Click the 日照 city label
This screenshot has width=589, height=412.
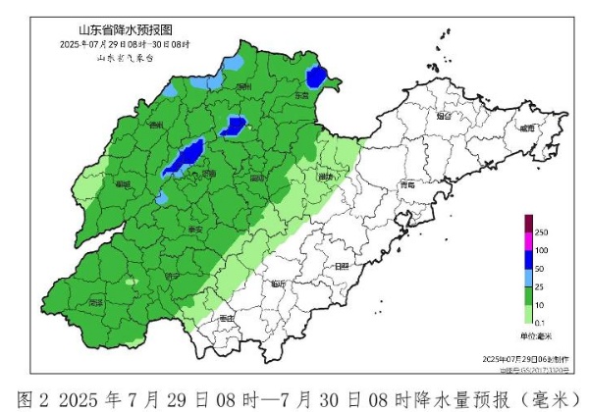[342, 266]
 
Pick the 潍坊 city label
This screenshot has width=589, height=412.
[327, 177]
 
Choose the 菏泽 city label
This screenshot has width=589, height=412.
[96, 304]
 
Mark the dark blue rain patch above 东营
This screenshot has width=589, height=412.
[316, 77]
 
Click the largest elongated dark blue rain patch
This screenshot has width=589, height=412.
[185, 157]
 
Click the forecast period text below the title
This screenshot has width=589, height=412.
[125, 45]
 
